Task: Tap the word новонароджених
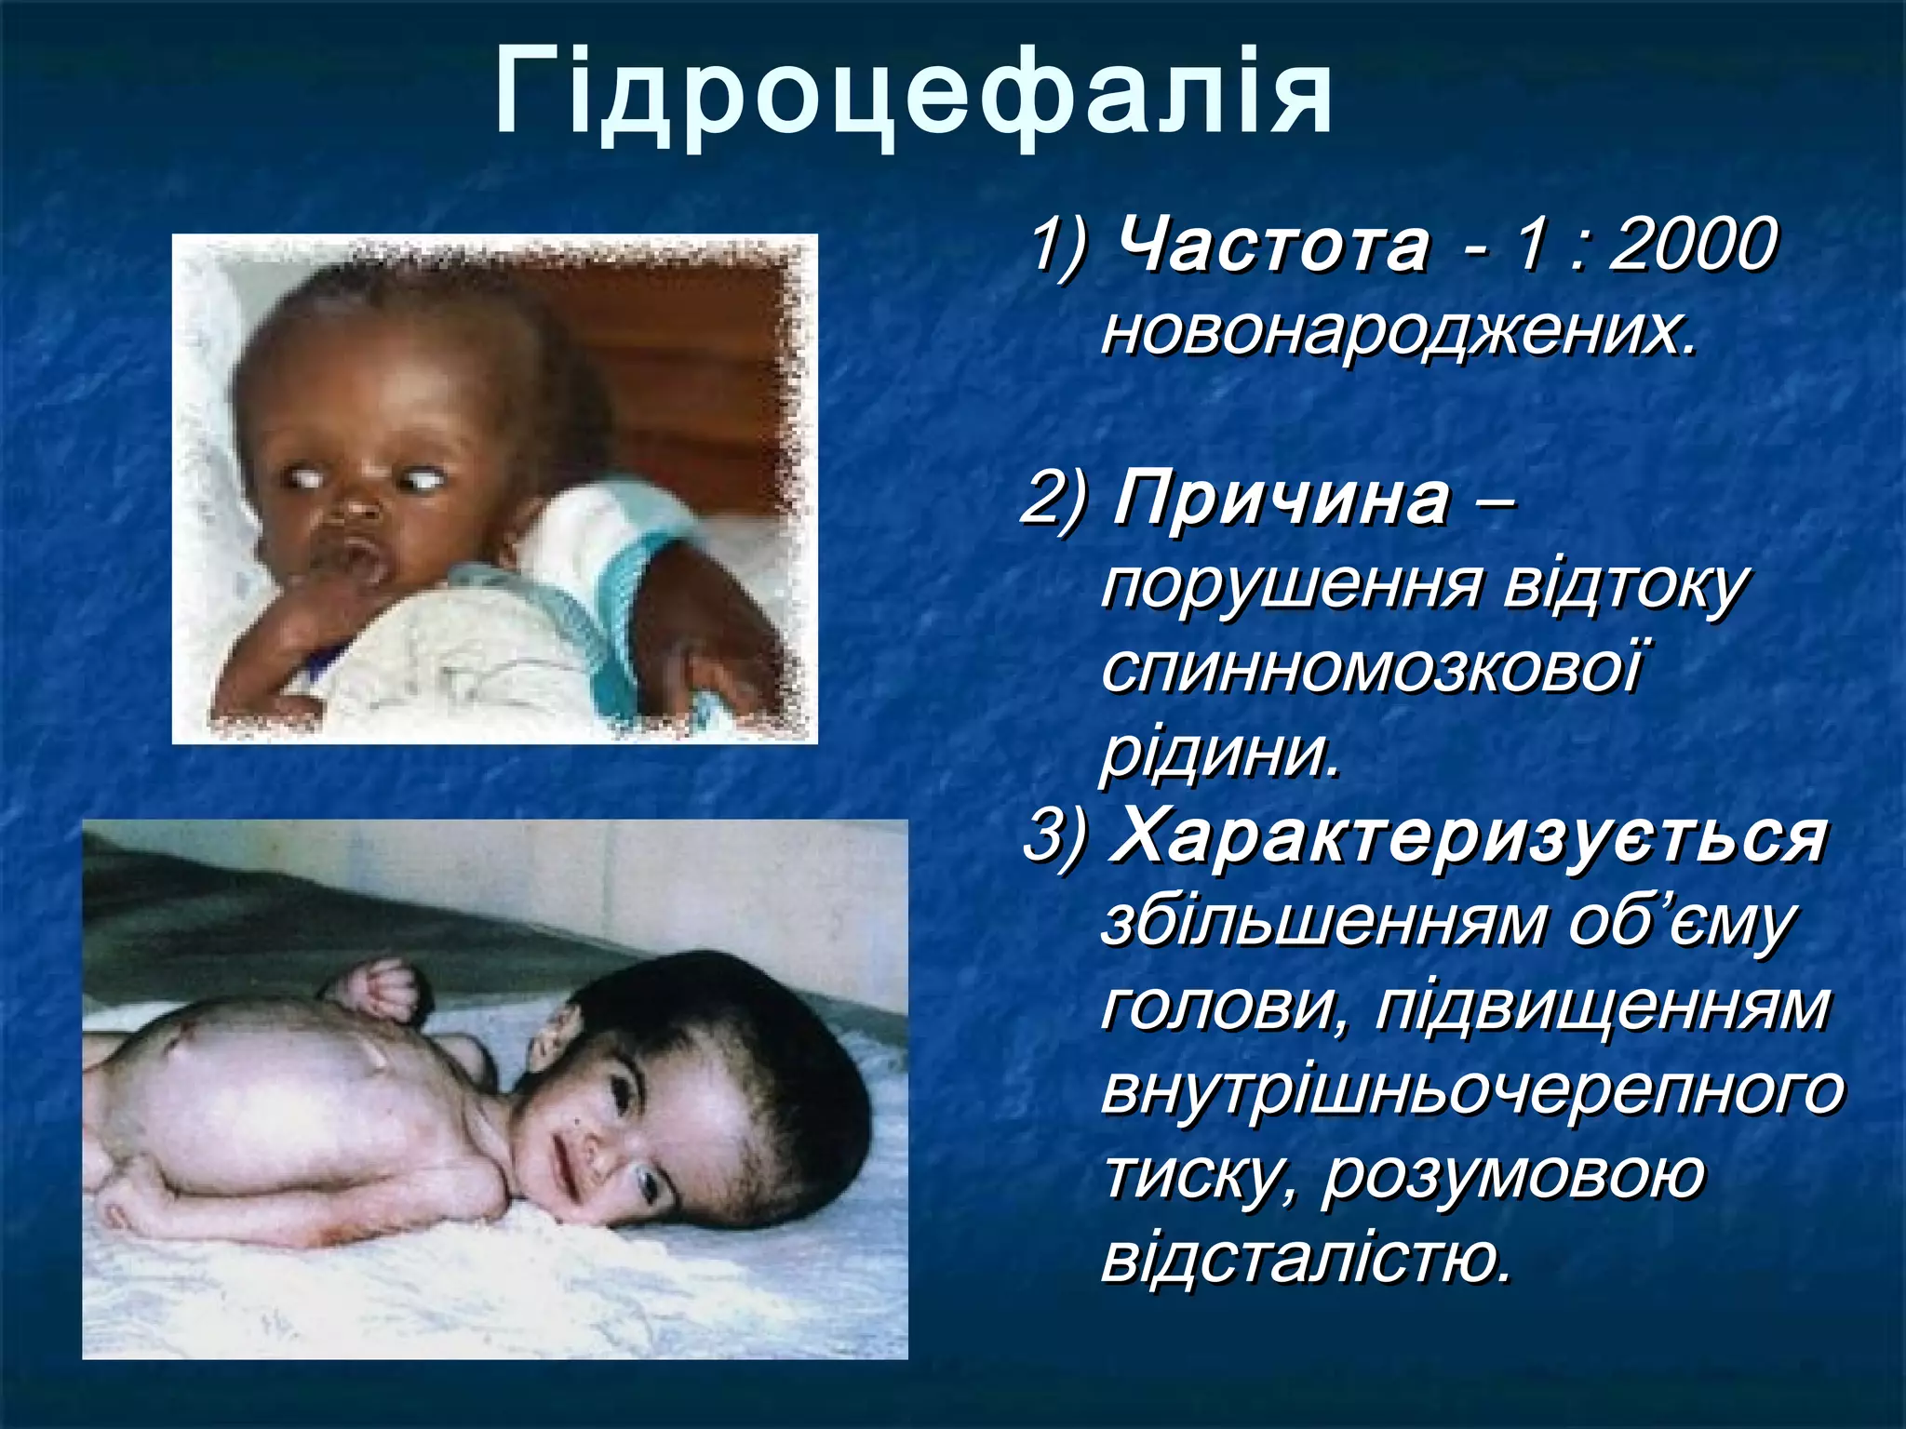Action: pyautogui.click(x=1400, y=331)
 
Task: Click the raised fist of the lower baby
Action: pyautogui.click(x=381, y=991)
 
